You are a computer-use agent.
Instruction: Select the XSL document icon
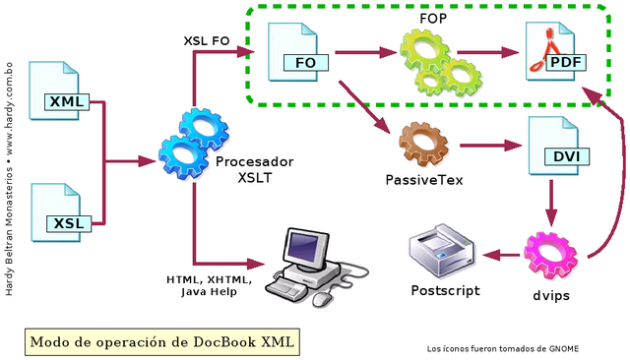(61, 212)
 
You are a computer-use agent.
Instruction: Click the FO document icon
(298, 54)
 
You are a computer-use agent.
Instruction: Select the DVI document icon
(557, 148)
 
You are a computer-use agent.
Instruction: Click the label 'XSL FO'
(207, 41)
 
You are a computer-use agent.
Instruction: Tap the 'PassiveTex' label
(424, 181)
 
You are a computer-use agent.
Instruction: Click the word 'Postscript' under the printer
(445, 290)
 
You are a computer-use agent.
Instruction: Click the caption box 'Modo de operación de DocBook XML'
(160, 341)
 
